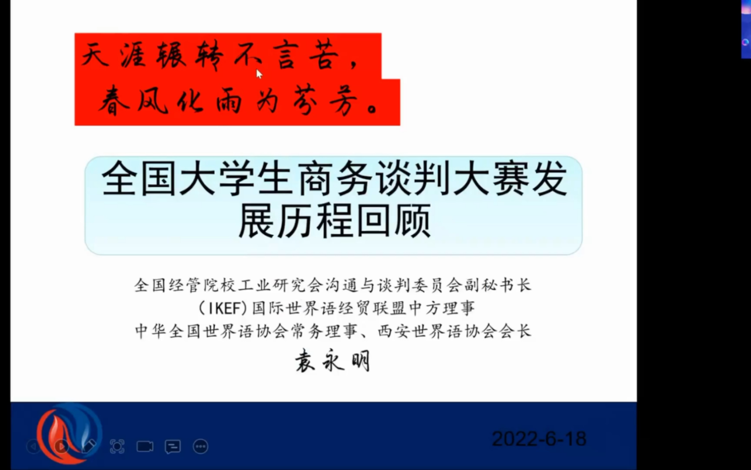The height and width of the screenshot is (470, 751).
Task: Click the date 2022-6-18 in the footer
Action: pos(539,439)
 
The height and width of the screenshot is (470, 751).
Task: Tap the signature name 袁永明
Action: pos(332,361)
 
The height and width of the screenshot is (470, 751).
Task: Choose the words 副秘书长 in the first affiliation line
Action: pos(497,285)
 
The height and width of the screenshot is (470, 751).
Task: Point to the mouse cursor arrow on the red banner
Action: pos(259,74)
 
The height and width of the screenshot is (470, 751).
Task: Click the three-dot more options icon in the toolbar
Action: pos(200,446)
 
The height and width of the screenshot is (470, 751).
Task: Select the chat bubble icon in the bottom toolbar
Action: pos(172,446)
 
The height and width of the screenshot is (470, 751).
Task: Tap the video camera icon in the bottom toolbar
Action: pos(145,446)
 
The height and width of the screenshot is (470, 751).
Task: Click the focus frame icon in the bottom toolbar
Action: pos(117,446)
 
